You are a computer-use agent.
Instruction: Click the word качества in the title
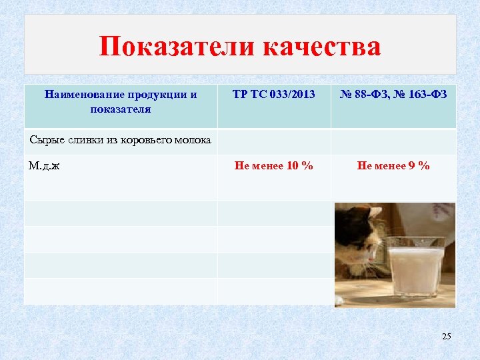(323, 47)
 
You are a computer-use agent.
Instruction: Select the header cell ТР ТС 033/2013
(274, 95)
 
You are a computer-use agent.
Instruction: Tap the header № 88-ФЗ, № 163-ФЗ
(393, 95)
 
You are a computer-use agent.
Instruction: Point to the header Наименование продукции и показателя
(121, 101)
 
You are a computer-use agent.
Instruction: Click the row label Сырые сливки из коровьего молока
(121, 140)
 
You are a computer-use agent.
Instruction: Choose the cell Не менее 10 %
(274, 166)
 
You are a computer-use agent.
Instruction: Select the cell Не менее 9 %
(393, 166)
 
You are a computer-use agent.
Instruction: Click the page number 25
(446, 337)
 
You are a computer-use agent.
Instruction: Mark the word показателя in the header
(121, 109)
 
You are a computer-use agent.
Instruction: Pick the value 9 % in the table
(417, 166)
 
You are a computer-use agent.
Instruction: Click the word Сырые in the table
(45, 140)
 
